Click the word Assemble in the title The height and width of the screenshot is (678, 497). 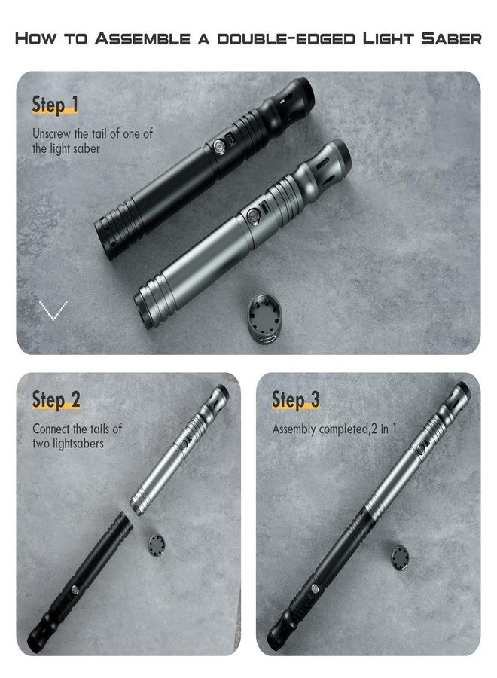142,38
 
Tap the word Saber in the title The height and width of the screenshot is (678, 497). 451,38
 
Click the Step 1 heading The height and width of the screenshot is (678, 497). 55,105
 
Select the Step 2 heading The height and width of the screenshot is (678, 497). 56,399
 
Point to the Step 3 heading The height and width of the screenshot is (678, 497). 296,399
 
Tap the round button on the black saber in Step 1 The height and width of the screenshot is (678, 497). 219,145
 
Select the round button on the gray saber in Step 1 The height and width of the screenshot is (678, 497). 253,215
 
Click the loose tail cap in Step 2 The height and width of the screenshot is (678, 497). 157,544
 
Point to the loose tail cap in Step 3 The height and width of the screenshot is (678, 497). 400,558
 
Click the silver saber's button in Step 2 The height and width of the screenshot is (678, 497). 184,444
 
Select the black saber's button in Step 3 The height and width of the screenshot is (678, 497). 315,588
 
